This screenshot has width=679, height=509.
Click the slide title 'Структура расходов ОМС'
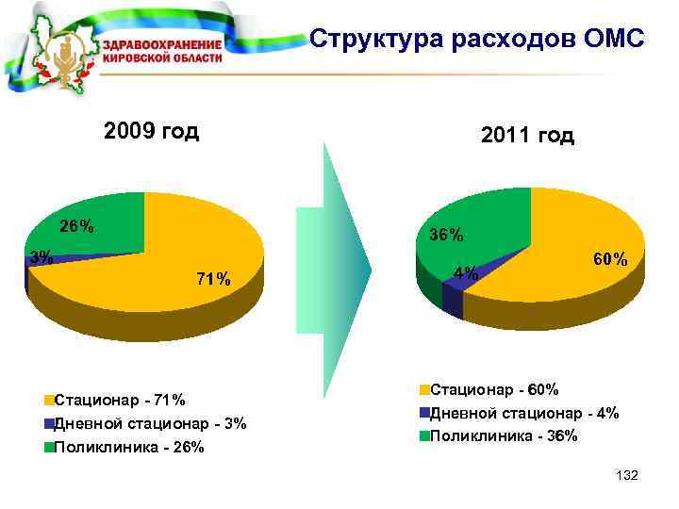click(x=476, y=40)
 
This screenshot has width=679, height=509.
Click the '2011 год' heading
click(x=527, y=137)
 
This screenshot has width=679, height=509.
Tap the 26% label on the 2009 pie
click(x=76, y=227)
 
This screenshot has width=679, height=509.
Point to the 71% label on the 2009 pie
click(x=212, y=278)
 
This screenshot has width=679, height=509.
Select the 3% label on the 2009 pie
click(x=40, y=256)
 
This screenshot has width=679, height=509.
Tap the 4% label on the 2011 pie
click(x=466, y=274)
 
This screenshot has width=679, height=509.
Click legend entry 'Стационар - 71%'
click(x=120, y=400)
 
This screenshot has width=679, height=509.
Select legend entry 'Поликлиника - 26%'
click(x=129, y=447)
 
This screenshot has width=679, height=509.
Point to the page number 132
click(x=625, y=477)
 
